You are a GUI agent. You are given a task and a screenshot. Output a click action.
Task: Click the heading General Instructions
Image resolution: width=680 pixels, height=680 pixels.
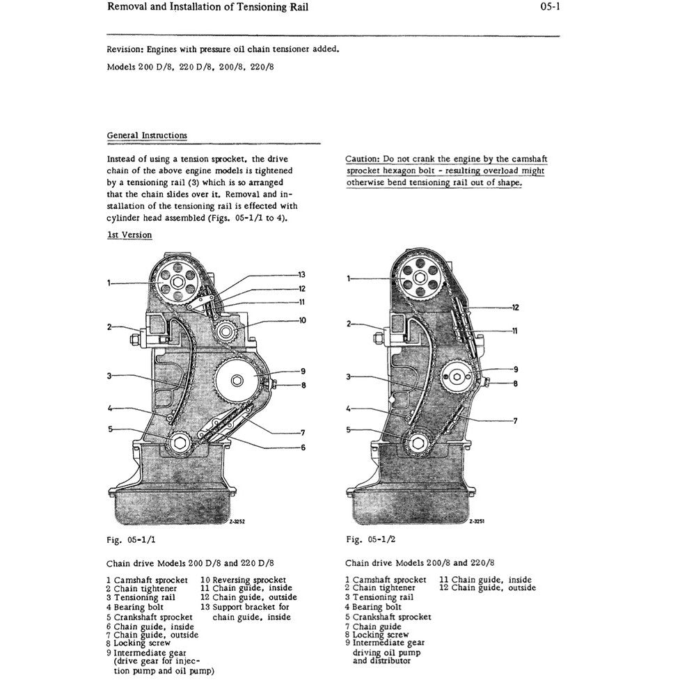147,136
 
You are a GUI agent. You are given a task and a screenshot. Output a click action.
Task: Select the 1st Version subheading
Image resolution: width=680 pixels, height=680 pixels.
129,235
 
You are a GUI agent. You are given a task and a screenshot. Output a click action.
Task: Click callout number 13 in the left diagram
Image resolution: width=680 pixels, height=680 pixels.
301,274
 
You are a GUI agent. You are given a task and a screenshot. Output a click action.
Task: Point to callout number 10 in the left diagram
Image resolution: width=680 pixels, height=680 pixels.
302,321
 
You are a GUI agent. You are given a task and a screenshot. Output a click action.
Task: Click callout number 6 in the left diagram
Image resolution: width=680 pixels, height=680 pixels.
303,447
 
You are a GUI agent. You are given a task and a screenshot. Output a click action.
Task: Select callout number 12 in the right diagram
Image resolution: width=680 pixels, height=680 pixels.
516,307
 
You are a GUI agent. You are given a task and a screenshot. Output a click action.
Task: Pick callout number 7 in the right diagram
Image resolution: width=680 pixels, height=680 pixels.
515,421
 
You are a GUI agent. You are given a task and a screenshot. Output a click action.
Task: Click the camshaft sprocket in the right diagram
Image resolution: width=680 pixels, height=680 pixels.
420,278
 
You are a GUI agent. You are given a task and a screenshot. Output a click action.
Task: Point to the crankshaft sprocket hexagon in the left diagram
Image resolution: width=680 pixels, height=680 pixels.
180,443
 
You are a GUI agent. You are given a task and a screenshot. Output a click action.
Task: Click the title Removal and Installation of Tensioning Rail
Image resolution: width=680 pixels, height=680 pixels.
208,8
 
